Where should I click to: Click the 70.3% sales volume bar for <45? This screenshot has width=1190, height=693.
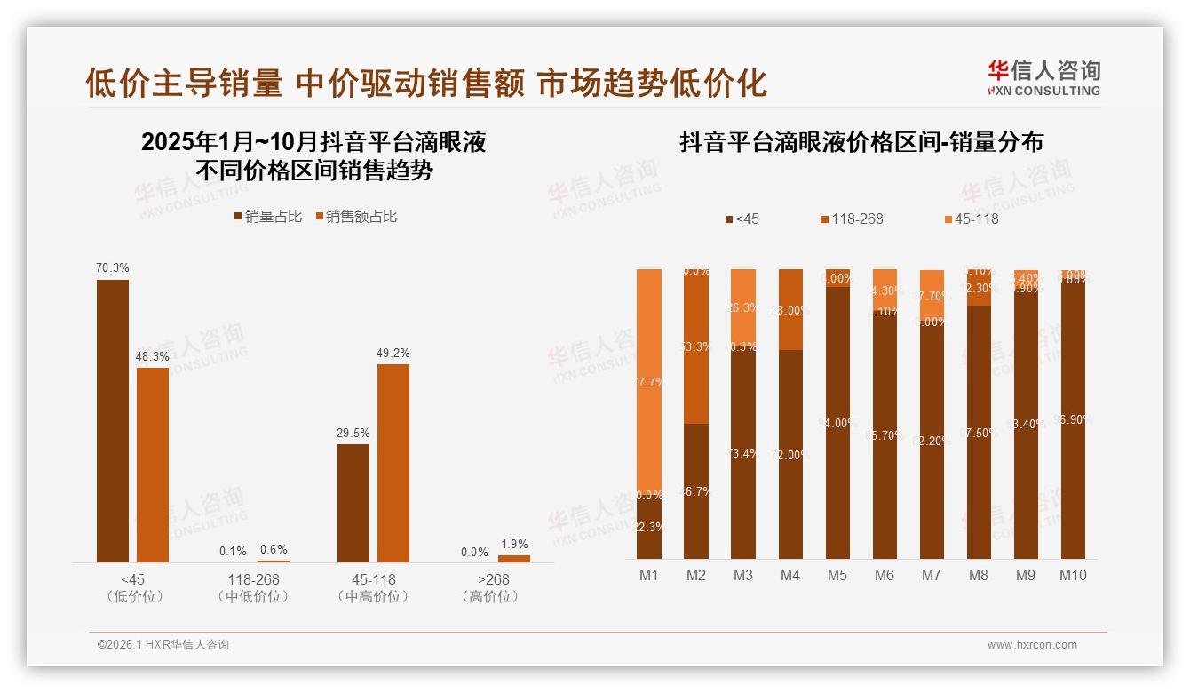[113, 421]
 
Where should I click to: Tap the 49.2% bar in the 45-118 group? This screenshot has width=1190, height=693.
[393, 463]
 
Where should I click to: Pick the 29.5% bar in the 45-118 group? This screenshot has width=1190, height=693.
[353, 503]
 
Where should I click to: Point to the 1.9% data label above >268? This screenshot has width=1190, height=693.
[514, 545]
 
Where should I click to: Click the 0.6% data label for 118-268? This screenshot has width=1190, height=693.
[274, 550]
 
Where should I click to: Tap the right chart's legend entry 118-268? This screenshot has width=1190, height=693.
[852, 219]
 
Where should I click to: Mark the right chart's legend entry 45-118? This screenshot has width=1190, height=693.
[969, 219]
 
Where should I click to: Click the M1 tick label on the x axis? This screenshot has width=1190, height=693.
[649, 576]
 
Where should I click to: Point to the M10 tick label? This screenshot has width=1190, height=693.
[1072, 576]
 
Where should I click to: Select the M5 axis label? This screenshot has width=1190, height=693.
[837, 576]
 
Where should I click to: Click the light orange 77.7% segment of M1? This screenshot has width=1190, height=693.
[649, 382]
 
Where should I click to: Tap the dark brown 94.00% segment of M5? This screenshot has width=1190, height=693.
[837, 423]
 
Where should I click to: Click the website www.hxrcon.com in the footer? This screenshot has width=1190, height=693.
[1032, 645]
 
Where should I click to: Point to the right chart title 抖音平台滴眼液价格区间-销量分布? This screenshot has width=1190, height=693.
[861, 142]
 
